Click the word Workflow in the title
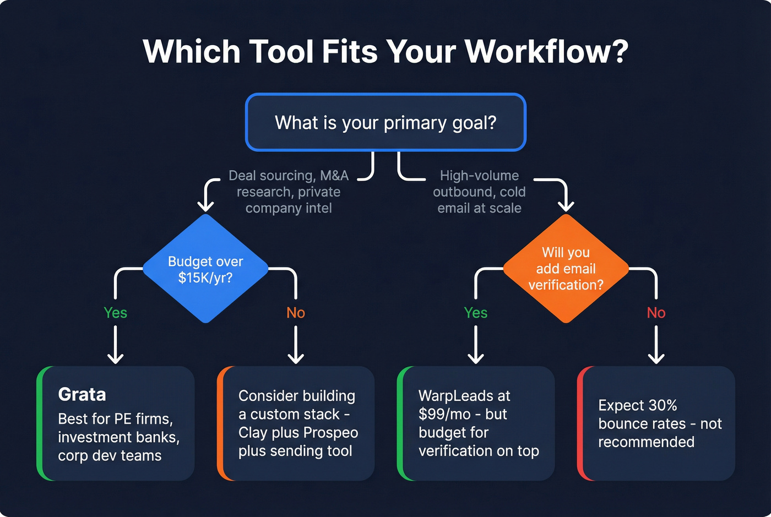[x=546, y=51]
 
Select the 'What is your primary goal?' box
[x=385, y=122]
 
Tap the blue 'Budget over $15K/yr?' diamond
[x=205, y=269]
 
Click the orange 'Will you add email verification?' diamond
[x=566, y=269]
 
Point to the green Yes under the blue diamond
[x=116, y=313]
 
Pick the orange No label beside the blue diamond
[x=296, y=313]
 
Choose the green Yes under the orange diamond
[x=476, y=313]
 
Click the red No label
[x=656, y=313]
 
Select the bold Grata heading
[x=82, y=394]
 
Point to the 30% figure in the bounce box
[x=663, y=405]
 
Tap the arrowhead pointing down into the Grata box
[x=116, y=359]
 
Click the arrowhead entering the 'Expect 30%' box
[x=656, y=359]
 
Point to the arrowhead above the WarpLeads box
[x=476, y=359]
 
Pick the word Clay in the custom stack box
[x=253, y=433]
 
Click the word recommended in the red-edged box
[x=646, y=442]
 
